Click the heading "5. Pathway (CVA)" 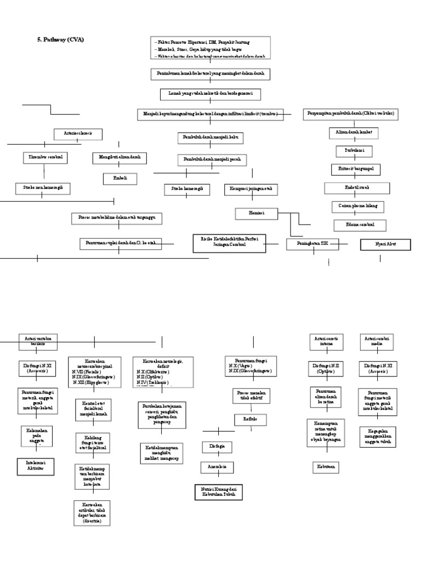pos(59,40)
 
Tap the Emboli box pos(120,179)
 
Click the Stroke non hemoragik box pos(43,188)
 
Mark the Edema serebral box pos(360,225)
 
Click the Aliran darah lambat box pos(354,133)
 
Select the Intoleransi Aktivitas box pos(37,466)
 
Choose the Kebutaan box pos(325,467)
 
